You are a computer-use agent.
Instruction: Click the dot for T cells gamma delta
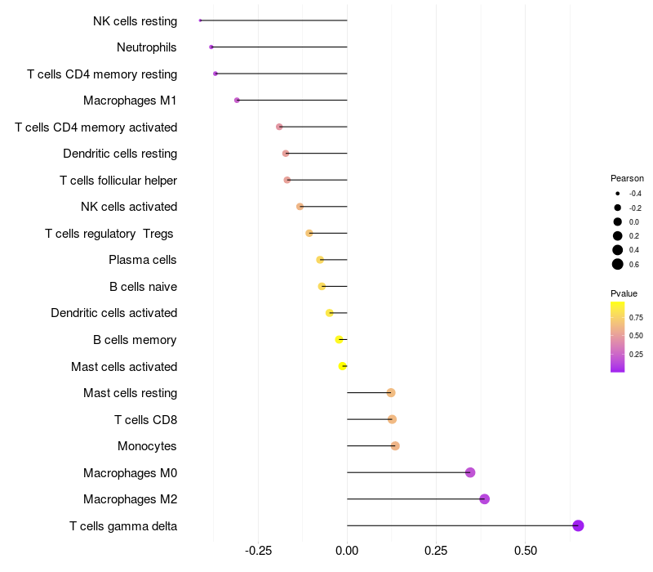(x=578, y=525)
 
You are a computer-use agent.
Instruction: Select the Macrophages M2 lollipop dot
(x=484, y=499)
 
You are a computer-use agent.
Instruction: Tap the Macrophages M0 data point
(x=470, y=472)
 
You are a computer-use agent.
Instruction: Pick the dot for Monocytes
(x=395, y=446)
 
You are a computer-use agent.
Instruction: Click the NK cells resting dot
(x=200, y=20)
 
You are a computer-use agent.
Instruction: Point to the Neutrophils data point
(x=211, y=47)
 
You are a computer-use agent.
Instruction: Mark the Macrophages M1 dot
(x=237, y=101)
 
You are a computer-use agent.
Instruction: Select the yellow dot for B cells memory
(x=340, y=340)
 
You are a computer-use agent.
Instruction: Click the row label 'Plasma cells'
(x=143, y=260)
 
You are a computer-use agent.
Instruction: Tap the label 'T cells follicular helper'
(x=118, y=180)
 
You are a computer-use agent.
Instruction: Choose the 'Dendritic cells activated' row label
(x=113, y=313)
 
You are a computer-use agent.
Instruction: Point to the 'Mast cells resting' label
(x=130, y=393)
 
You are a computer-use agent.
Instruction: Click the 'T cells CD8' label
(x=145, y=420)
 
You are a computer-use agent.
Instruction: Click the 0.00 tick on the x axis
(x=347, y=551)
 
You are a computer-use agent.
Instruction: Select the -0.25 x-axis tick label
(x=258, y=551)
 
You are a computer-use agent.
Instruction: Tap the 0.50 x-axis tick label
(x=525, y=551)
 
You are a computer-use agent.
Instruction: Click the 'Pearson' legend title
(x=627, y=178)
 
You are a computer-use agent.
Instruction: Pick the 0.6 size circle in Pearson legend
(x=618, y=264)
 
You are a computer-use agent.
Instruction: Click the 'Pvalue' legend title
(x=624, y=293)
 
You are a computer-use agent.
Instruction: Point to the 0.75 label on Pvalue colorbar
(x=636, y=317)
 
